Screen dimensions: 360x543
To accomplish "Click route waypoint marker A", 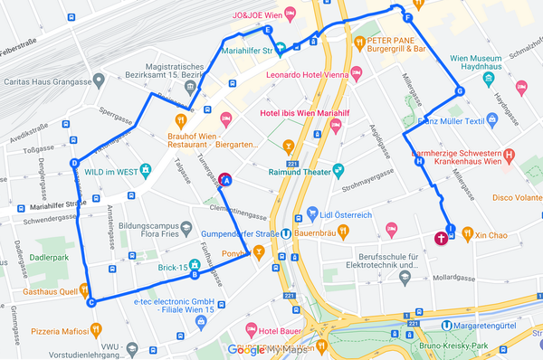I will coord(226,181).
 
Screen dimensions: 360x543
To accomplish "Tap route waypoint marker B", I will coord(195,276).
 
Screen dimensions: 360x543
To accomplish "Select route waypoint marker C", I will coord(90,302).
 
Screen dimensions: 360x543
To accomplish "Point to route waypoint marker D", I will coord(74,164).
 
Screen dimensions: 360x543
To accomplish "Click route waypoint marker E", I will coord(267,31).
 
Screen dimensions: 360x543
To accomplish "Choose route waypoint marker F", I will coord(407,18).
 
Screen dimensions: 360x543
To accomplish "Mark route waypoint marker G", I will coord(460,90).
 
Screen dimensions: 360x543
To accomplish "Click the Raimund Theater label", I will coord(298,170).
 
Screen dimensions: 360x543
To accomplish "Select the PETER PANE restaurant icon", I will coord(359,43).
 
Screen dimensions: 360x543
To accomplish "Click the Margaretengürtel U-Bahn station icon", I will coord(446,325).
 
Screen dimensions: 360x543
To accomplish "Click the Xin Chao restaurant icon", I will coord(466,234).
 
